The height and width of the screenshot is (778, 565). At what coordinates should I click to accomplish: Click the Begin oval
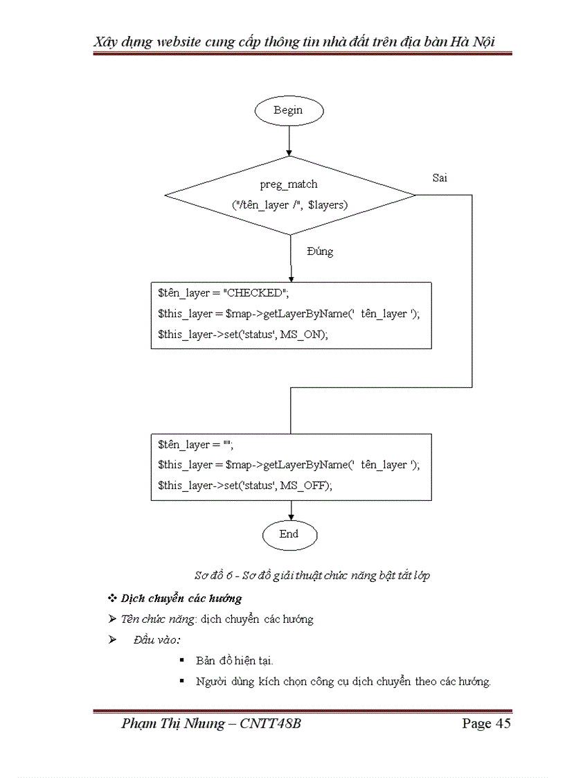coord(288,109)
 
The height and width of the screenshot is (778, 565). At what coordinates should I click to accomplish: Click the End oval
coord(289,534)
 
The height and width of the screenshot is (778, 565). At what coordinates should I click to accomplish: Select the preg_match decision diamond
coord(289,195)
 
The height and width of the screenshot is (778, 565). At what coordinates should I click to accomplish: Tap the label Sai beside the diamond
coord(440,178)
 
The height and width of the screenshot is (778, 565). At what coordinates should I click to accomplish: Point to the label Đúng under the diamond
coord(319,251)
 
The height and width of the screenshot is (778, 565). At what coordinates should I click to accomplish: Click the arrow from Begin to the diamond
coord(289,142)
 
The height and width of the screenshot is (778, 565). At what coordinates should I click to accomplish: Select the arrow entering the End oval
coord(291,511)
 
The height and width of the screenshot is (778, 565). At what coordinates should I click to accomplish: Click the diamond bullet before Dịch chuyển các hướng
coord(112,598)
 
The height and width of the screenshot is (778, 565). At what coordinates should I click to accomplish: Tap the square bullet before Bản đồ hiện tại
coord(181,661)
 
